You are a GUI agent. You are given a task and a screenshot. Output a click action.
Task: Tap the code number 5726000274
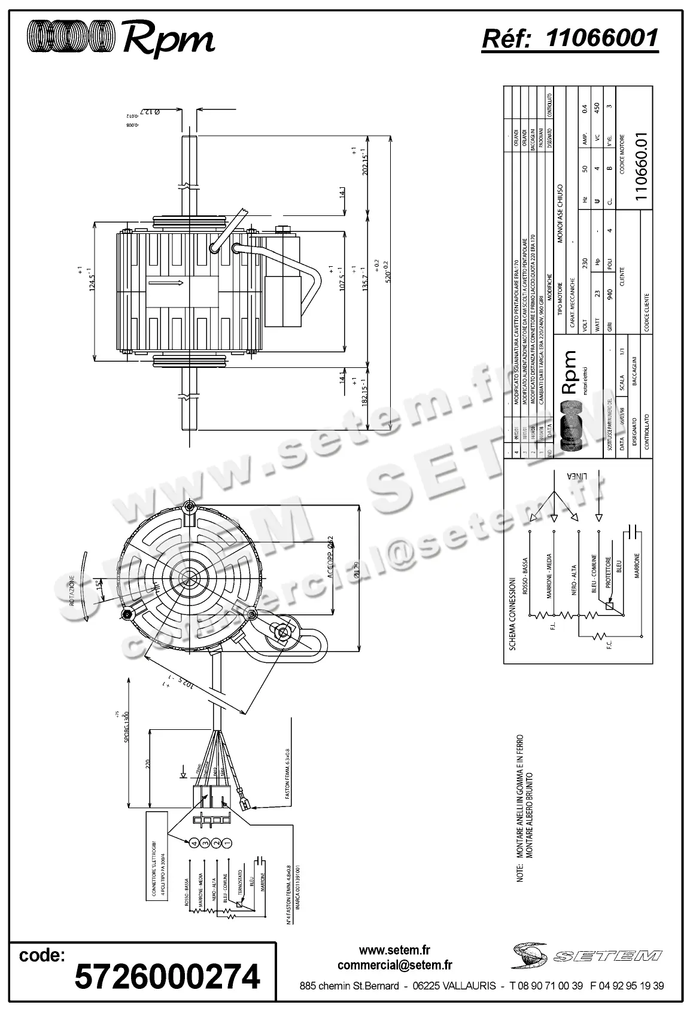coord(167,977)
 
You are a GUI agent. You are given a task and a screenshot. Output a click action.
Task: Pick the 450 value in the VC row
coord(596,108)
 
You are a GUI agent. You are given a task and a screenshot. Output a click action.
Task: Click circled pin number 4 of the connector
coord(193,843)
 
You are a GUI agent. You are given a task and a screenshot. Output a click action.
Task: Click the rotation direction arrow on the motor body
coord(165,283)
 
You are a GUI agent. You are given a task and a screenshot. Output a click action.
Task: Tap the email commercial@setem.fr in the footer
coord(394,965)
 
